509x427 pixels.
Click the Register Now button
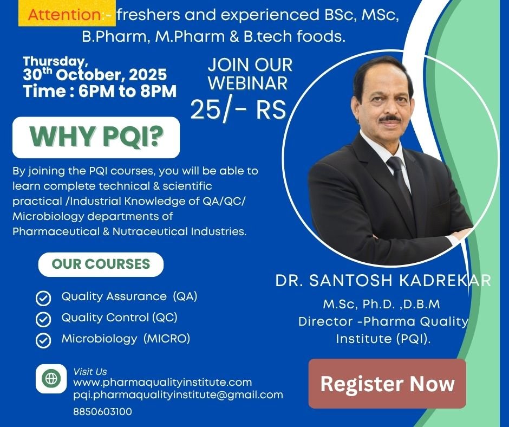(387, 384)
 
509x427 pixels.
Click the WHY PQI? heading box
(96, 137)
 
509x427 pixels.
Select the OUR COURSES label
(101, 264)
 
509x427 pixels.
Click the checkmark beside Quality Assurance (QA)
(43, 299)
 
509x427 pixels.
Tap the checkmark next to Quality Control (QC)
(43, 319)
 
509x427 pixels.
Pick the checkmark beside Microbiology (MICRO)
(43, 340)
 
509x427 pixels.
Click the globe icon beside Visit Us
(51, 378)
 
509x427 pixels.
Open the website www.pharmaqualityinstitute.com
(162, 383)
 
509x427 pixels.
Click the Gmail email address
(178, 394)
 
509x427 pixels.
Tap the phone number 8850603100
(102, 411)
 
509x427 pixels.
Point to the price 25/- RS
(238, 109)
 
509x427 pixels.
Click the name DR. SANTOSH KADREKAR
(383, 281)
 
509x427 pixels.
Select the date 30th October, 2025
(95, 74)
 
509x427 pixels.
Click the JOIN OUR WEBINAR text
(250, 74)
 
